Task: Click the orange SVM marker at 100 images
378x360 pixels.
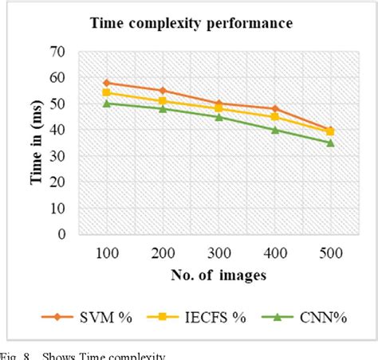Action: pyautogui.click(x=106, y=83)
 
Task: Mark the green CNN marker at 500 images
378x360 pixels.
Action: pyautogui.click(x=331, y=143)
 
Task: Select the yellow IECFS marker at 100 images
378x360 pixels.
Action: pyautogui.click(x=106, y=93)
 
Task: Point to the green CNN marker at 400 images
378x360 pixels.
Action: pyautogui.click(x=275, y=129)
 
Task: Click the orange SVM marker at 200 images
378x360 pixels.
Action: pyautogui.click(x=163, y=91)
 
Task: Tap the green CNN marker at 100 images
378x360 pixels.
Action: pyautogui.click(x=106, y=104)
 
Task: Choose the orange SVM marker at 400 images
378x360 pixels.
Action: pyautogui.click(x=275, y=109)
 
